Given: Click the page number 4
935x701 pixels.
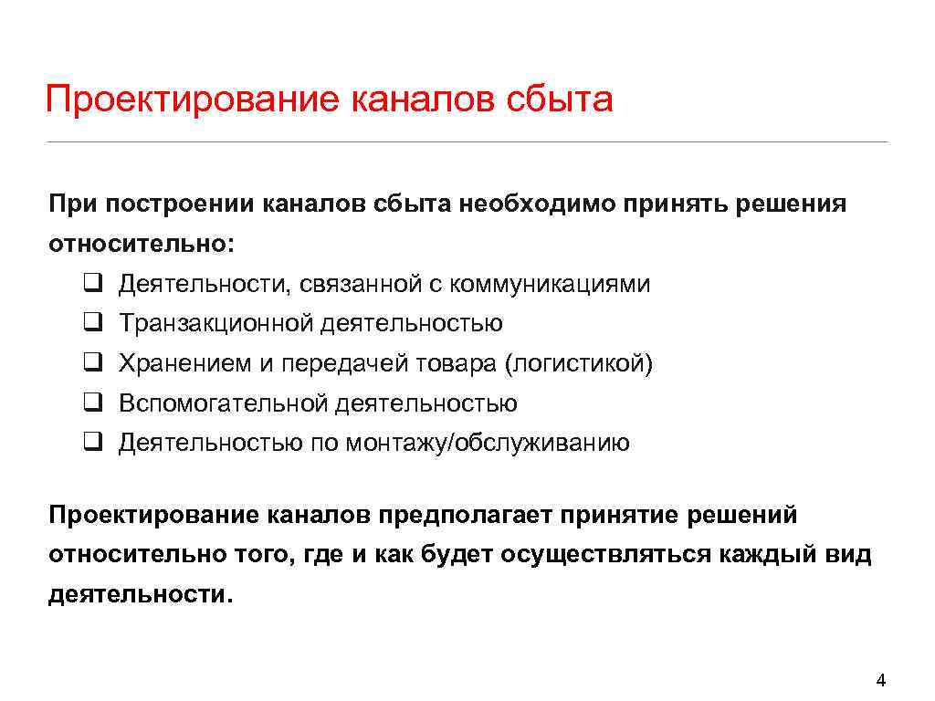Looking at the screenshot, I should click(x=880, y=680).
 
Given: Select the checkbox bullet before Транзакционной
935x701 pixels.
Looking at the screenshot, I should click(x=92, y=323).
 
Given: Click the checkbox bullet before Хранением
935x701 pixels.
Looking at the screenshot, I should click(x=92, y=363).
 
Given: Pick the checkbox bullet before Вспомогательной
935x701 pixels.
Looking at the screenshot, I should click(x=92, y=403).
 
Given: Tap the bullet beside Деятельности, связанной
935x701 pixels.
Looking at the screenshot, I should click(x=92, y=283).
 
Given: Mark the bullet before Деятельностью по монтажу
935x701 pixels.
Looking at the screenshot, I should click(x=92, y=444).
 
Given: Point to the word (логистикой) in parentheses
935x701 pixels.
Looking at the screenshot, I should click(x=579, y=364).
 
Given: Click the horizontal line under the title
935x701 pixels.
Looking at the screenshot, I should click(x=467, y=142).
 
